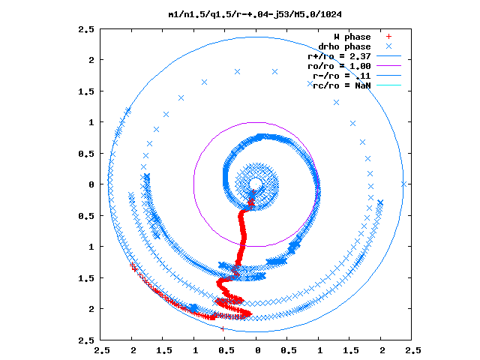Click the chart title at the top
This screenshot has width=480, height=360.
(255, 14)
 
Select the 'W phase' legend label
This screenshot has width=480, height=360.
(352, 37)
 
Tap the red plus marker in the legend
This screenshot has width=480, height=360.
(388, 37)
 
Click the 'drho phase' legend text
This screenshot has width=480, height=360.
(345, 46)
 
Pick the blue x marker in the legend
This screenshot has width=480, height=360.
(388, 46)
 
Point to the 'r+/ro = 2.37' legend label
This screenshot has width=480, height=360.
(339, 57)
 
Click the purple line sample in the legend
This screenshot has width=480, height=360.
(388, 65)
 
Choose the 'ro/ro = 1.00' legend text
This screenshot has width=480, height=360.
(339, 66)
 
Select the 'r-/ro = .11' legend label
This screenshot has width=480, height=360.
(342, 76)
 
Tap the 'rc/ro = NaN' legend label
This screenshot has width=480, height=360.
(342, 85)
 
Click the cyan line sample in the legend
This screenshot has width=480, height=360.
(388, 85)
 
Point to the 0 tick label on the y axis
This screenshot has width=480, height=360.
(91, 184)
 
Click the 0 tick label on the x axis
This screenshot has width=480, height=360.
(258, 350)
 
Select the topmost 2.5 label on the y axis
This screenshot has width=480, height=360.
(86, 29)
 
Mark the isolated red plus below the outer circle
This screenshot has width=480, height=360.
(223, 329)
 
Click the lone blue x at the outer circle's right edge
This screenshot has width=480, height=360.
(403, 184)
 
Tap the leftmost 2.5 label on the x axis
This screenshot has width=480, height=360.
(102, 350)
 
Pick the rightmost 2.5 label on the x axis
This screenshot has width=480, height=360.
(413, 350)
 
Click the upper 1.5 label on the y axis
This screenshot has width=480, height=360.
(86, 91)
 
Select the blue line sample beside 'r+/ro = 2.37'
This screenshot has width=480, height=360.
(388, 56)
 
